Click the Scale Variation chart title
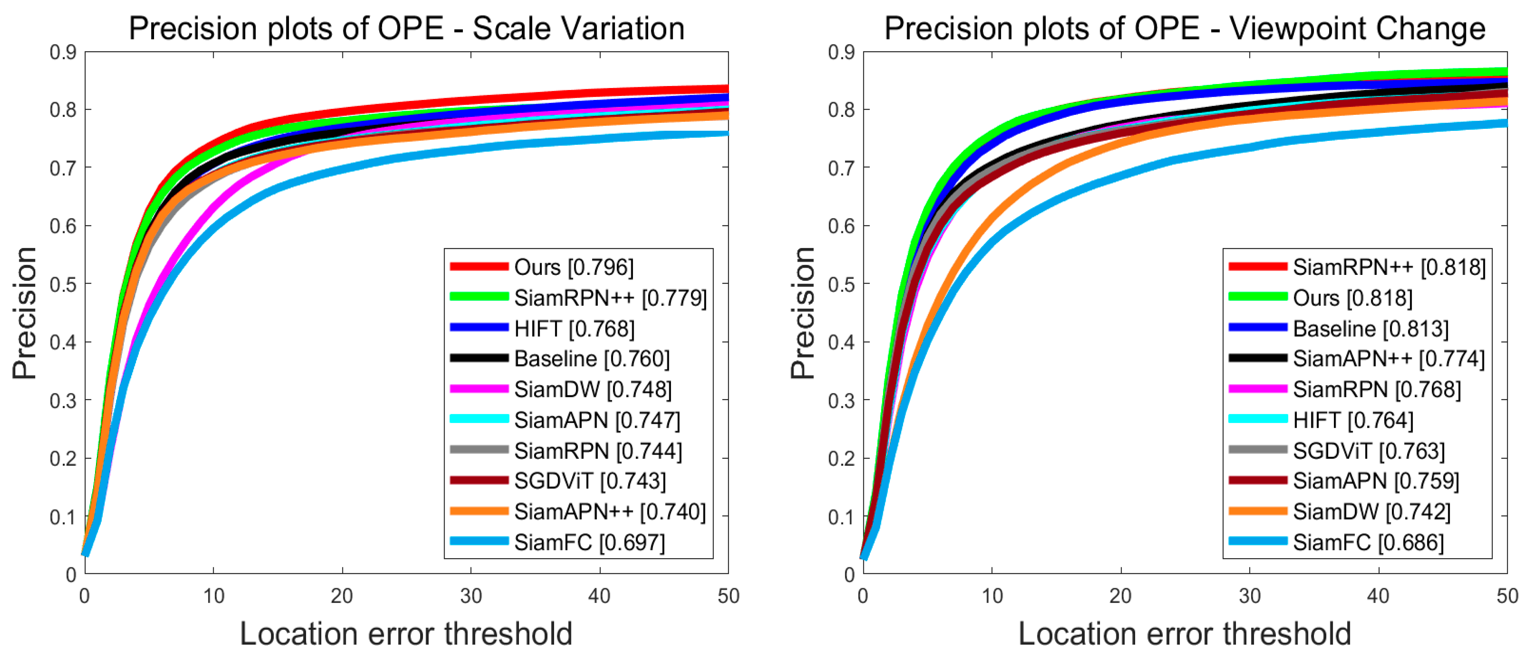[407, 28]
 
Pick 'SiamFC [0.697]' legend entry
[589, 542]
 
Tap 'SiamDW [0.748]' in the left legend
[593, 389]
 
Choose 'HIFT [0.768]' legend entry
[574, 328]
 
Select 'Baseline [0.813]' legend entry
[1370, 328]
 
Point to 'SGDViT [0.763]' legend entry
[1368, 451]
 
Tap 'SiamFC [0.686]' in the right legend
[1368, 542]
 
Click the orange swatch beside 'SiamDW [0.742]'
[1257, 511]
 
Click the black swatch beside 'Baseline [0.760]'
[479, 358]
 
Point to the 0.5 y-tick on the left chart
[63, 284]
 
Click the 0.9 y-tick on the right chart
[841, 52]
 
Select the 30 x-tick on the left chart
[471, 596]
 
